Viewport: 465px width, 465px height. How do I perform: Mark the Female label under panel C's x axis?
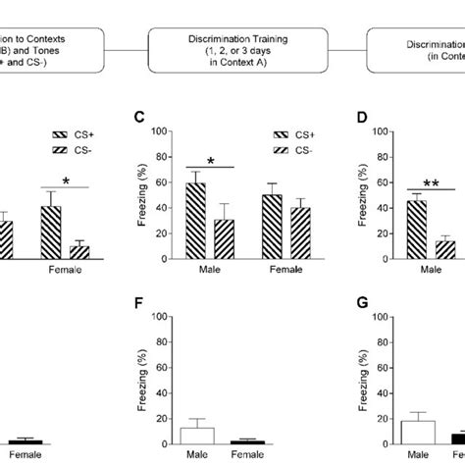click(x=285, y=270)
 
